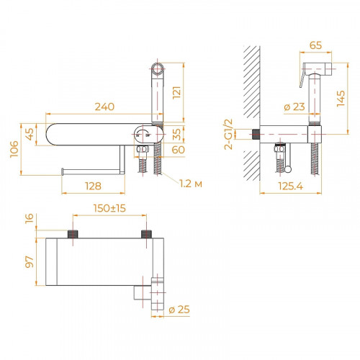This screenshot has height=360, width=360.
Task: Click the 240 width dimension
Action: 106,107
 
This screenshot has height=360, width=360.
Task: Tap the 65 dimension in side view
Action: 315,45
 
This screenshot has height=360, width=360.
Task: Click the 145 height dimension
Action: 349,93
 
